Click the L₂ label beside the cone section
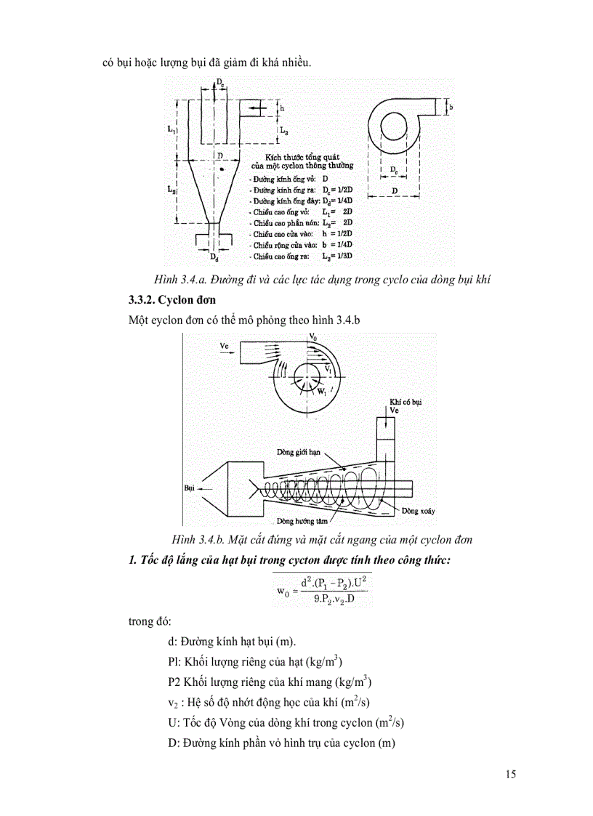click(170, 188)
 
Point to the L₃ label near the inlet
click(285, 132)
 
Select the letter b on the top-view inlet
click(451, 107)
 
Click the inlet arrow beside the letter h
click(253, 108)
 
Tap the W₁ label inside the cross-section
click(322, 391)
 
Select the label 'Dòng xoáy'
click(419, 512)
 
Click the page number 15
click(510, 774)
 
